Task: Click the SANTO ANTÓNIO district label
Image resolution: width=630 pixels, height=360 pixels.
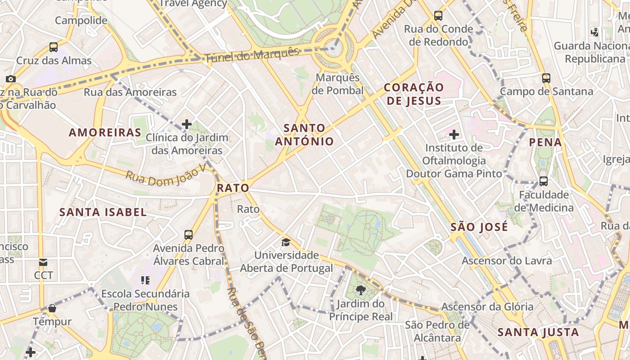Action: pyautogui.click(x=305, y=135)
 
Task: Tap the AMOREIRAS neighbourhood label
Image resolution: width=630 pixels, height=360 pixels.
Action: pyautogui.click(x=105, y=132)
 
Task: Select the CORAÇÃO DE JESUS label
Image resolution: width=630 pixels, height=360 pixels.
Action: pyautogui.click(x=414, y=94)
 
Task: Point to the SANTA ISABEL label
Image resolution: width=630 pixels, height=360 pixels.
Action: pyautogui.click(x=103, y=212)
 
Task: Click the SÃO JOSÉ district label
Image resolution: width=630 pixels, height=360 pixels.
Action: pyautogui.click(x=479, y=227)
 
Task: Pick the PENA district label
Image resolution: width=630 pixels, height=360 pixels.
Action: pyautogui.click(x=545, y=143)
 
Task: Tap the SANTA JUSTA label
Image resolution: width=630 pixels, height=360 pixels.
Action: pyautogui.click(x=538, y=333)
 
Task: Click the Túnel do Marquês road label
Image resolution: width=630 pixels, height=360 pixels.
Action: pyautogui.click(x=252, y=55)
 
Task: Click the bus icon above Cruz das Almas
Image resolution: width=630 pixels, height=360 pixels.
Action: pyautogui.click(x=54, y=47)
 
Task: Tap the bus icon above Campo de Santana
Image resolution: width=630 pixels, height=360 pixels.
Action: pyautogui.click(x=546, y=78)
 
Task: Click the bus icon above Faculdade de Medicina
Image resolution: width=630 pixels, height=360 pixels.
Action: pyautogui.click(x=544, y=182)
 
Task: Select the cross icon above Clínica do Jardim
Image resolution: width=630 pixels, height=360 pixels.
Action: pyautogui.click(x=187, y=124)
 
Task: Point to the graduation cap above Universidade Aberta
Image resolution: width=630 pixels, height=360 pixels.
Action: pyautogui.click(x=286, y=243)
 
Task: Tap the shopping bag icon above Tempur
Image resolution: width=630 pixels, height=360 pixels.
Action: pyautogui.click(x=52, y=309)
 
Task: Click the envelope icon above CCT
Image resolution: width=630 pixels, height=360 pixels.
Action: pyautogui.click(x=43, y=262)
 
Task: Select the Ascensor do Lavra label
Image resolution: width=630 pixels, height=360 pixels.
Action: pyautogui.click(x=507, y=261)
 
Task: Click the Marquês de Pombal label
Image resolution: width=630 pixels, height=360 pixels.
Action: pyautogui.click(x=337, y=84)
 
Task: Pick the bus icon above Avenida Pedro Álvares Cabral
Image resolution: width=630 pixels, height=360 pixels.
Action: pyautogui.click(x=189, y=235)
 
